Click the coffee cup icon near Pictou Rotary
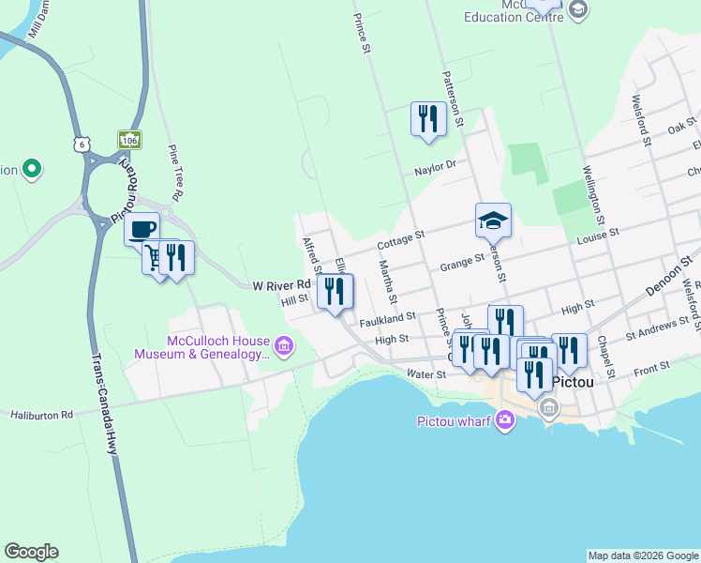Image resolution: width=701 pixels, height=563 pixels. click(142, 228)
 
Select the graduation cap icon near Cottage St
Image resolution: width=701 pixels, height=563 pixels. click(493, 221)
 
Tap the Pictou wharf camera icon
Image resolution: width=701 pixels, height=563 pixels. click(506, 420)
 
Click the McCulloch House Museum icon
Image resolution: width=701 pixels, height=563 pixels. click(284, 348)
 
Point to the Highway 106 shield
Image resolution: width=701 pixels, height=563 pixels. click(129, 140)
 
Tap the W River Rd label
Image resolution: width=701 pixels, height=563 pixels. click(281, 284)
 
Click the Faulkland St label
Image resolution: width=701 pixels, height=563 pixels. click(387, 318)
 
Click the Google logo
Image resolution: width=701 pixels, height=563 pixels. click(31, 552)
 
